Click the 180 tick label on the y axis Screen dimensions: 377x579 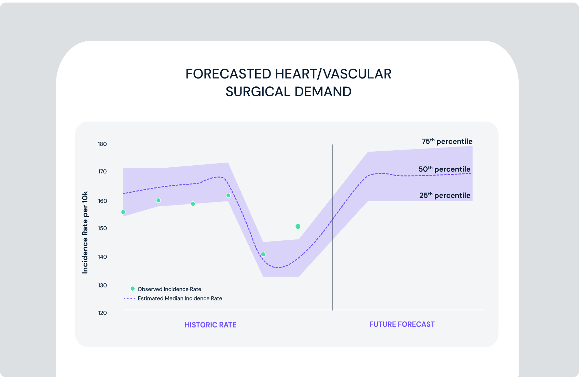(102, 144)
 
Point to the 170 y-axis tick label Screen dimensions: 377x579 (102, 172)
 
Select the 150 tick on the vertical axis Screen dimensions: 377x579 (102, 228)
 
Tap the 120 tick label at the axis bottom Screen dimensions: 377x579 (102, 313)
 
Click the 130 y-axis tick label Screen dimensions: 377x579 (102, 285)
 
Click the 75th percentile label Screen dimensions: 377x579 (447, 141)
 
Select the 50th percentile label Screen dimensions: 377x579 (444, 169)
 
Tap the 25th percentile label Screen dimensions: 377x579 (444, 195)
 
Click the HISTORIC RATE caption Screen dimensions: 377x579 (210, 325)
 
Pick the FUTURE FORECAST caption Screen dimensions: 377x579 (402, 324)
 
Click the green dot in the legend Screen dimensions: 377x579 (133, 289)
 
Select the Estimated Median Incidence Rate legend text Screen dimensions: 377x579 (180, 298)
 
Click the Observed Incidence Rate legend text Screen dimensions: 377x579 (169, 289)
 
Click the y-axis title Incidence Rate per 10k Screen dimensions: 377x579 (85, 232)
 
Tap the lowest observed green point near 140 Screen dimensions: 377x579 (263, 254)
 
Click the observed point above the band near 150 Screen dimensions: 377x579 (298, 226)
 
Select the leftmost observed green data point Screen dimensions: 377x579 (123, 212)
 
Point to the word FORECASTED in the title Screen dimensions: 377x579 (228, 74)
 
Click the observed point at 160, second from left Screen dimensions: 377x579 (158, 200)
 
